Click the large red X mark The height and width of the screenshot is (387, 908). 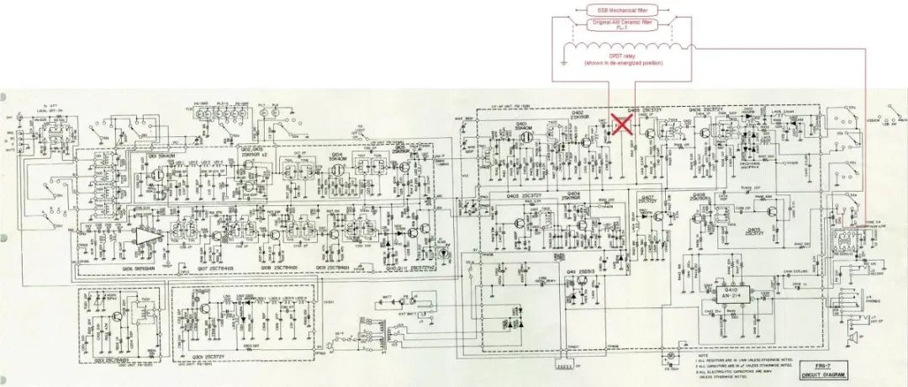(x=622, y=125)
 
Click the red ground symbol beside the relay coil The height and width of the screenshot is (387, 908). (x=562, y=61)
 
